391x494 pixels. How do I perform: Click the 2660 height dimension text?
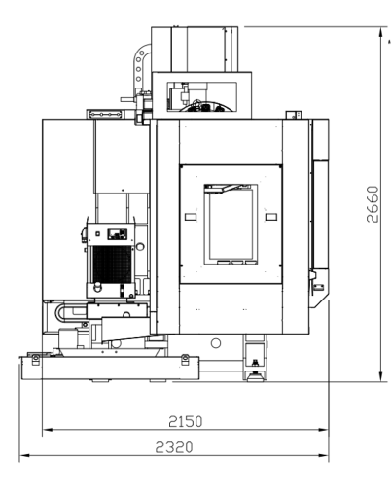click(x=373, y=204)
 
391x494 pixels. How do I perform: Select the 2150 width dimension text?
click(x=186, y=421)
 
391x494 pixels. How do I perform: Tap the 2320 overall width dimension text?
click(x=174, y=447)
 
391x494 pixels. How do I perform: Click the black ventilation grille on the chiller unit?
click(x=113, y=264)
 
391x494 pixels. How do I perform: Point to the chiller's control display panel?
click(x=118, y=233)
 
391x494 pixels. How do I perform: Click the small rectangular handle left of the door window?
click(x=191, y=217)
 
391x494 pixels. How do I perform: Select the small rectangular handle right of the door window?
click(x=271, y=217)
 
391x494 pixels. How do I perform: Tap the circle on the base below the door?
click(x=216, y=343)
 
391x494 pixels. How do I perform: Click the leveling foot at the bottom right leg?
click(x=256, y=376)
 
